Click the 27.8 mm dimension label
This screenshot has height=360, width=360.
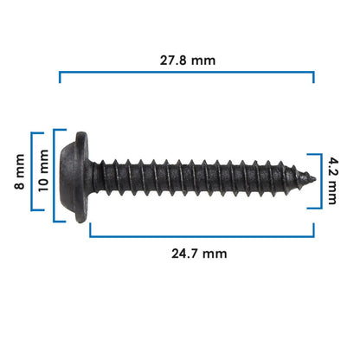pyautogui.click(x=188, y=61)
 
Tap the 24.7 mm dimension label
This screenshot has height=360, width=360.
pyautogui.click(x=199, y=254)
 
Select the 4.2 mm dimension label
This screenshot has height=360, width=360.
pyautogui.click(x=332, y=181)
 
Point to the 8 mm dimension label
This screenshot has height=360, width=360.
pyautogui.click(x=20, y=171)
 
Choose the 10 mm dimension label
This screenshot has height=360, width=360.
pyautogui.click(x=43, y=170)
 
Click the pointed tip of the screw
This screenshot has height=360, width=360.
pyautogui.click(x=315, y=179)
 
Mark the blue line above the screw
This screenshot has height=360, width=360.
pyautogui.click(x=187, y=72)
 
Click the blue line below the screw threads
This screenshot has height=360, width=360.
pyautogui.click(x=202, y=236)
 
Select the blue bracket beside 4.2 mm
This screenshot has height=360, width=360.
pyautogui.click(x=321, y=181)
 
